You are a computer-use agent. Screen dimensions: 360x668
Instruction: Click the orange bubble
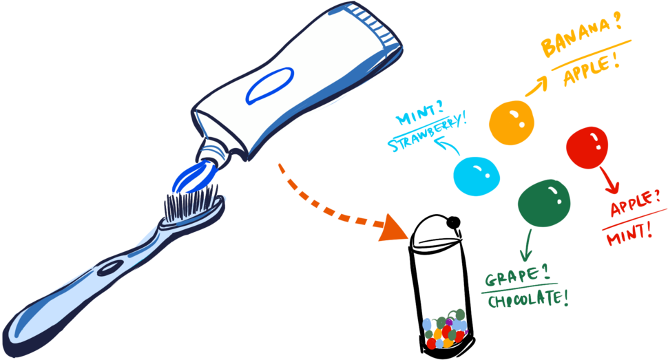click(512, 123)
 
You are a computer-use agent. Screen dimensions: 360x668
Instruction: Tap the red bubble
click(587, 147)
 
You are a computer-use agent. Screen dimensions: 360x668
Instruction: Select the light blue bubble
click(475, 176)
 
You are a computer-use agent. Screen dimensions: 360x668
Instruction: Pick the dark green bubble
click(544, 202)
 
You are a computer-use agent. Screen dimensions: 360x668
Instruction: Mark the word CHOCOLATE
click(528, 299)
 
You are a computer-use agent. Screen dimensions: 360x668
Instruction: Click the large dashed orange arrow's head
click(393, 228)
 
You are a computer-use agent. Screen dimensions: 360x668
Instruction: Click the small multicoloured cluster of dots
click(445, 330)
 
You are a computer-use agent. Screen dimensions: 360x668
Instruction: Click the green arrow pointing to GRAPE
click(528, 245)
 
